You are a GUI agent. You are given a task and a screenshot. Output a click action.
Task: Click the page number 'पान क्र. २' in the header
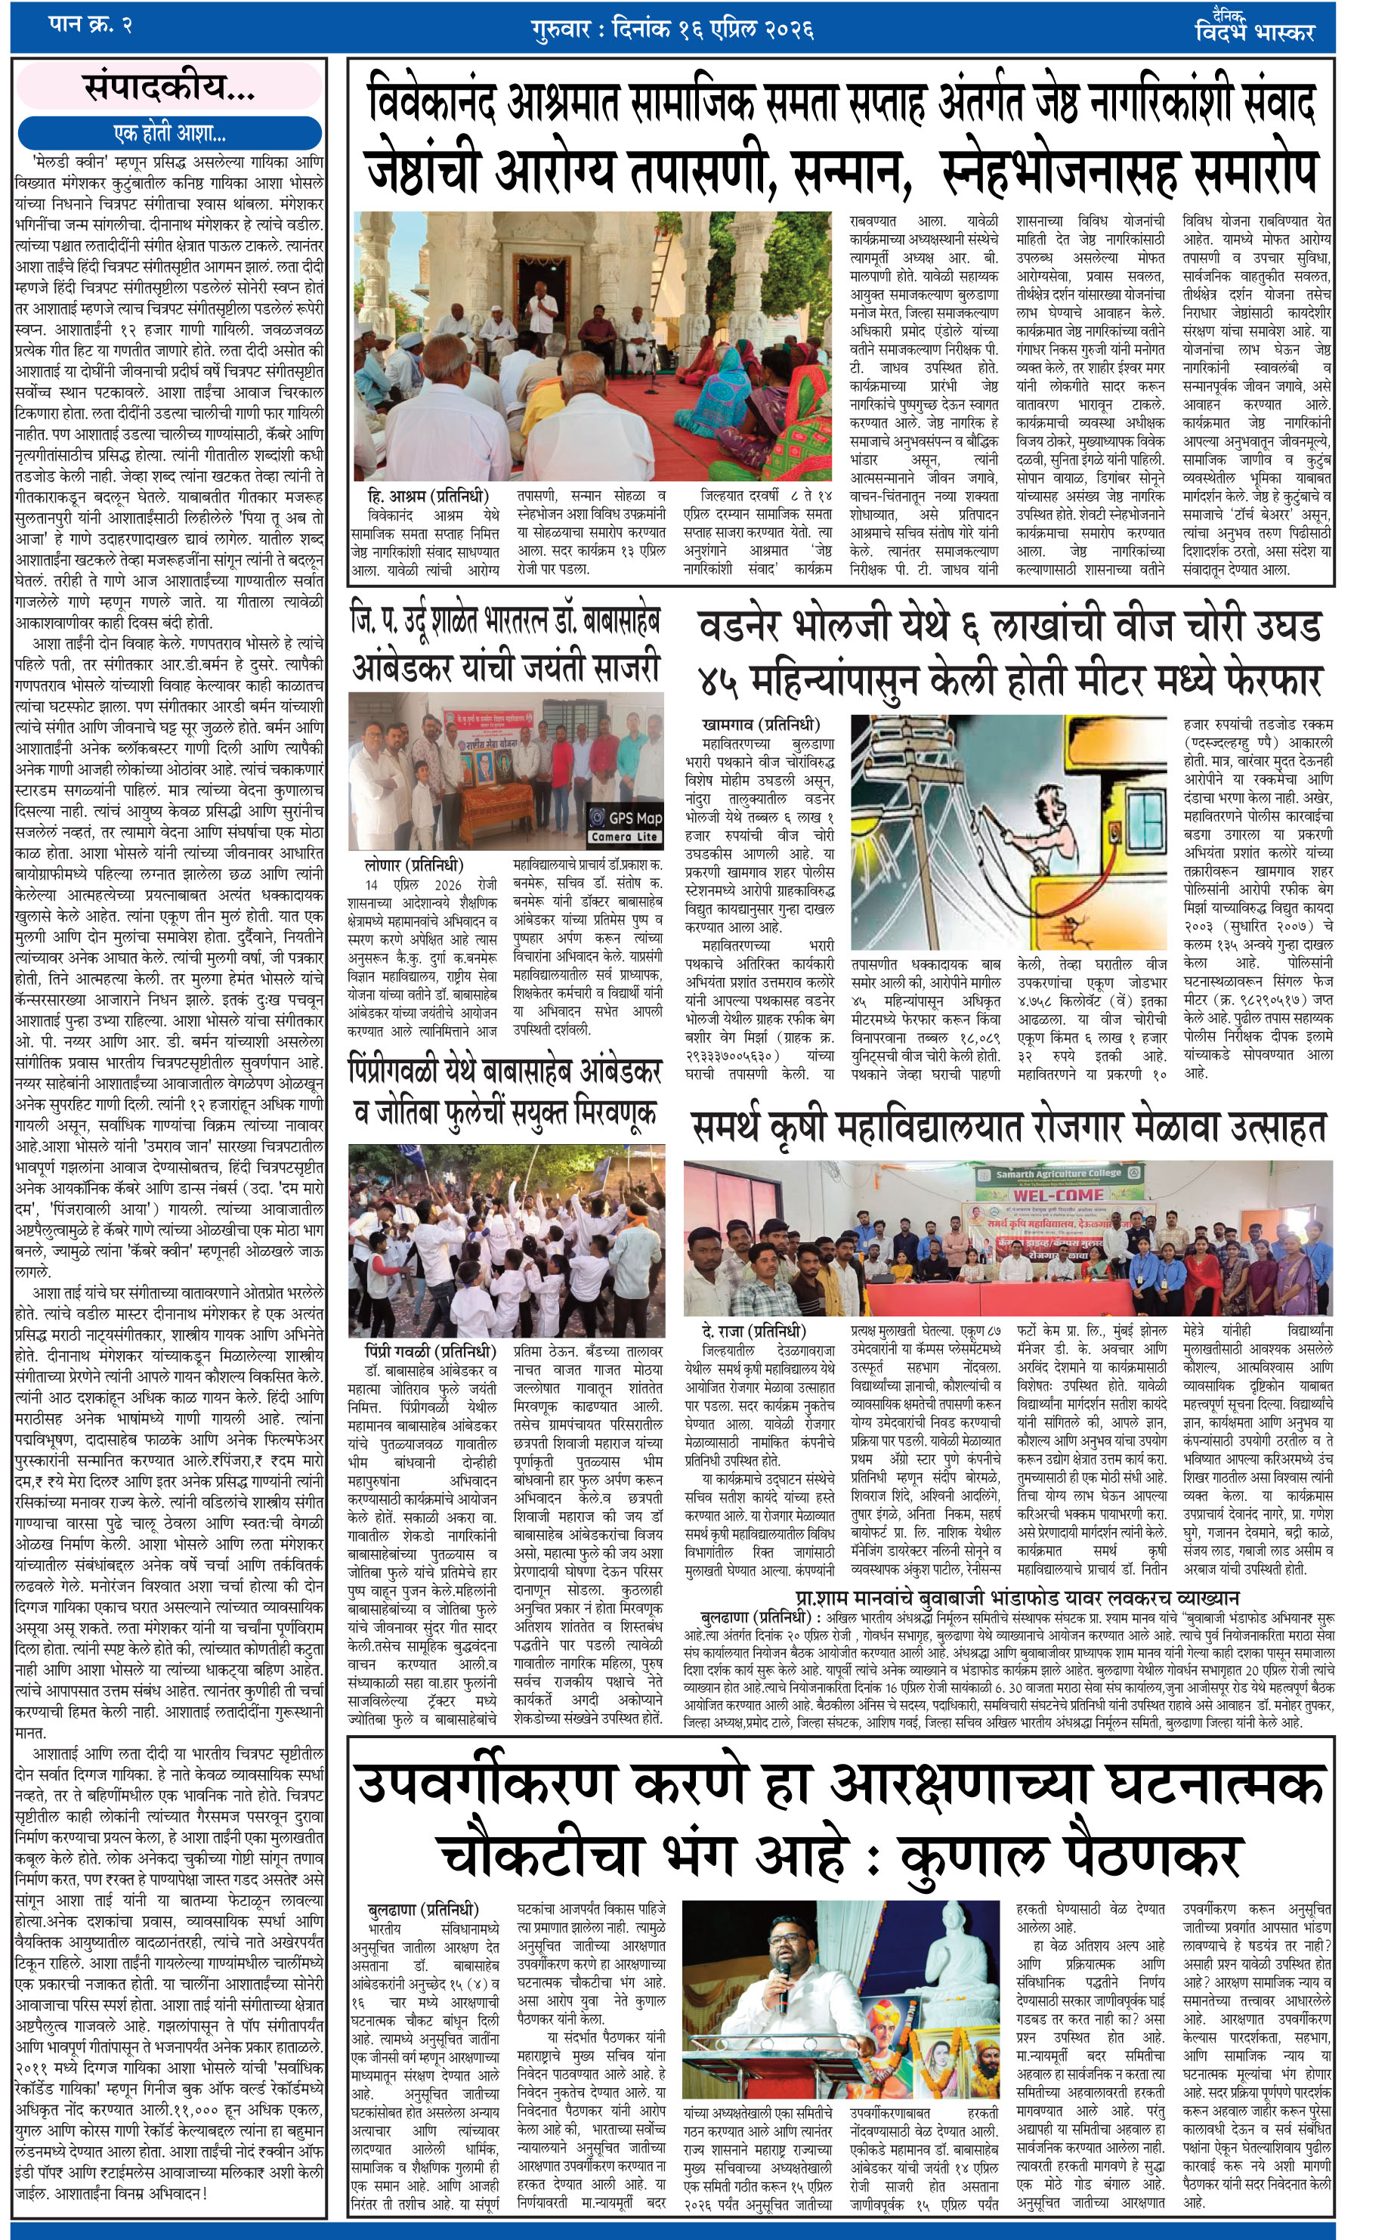(x=89, y=25)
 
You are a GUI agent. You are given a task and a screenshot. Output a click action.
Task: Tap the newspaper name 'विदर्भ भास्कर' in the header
(x=1255, y=31)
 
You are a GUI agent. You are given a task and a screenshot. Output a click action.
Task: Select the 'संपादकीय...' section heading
(x=169, y=88)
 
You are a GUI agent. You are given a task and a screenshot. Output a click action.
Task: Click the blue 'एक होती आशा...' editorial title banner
(x=169, y=132)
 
